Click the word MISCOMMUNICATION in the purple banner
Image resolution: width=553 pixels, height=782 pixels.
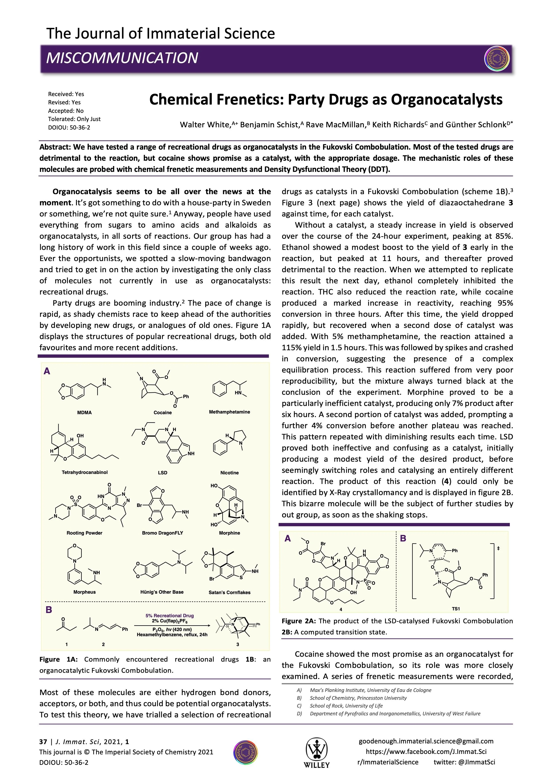pos(122,58)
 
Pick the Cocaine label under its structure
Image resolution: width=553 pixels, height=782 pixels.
pos(162,412)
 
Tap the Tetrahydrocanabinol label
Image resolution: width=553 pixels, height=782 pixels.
pos(84,472)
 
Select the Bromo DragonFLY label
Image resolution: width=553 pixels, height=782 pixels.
pos(162,533)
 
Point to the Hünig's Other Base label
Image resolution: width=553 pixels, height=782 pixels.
pos(162,592)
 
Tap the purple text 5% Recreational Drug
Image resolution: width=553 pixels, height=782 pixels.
pos(170,615)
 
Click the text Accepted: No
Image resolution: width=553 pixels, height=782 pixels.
pos(66,111)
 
